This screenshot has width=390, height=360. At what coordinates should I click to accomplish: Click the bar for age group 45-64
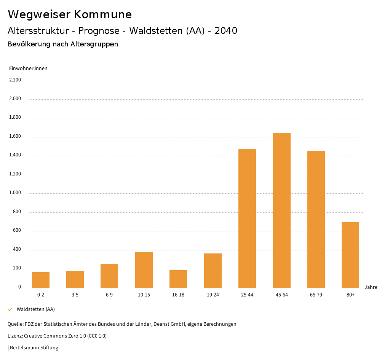click(x=281, y=210)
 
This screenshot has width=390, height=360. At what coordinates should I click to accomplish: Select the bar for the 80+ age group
click(x=350, y=255)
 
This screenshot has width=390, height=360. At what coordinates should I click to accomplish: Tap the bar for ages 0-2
click(x=41, y=280)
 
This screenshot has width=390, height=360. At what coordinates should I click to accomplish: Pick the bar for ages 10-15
click(x=144, y=270)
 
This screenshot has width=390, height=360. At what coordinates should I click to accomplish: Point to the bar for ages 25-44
click(x=247, y=218)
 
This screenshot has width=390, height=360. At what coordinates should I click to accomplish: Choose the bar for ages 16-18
click(x=178, y=279)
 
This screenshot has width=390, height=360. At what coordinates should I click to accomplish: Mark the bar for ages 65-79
click(x=316, y=219)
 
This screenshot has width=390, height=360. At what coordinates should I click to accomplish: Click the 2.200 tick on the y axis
click(x=15, y=80)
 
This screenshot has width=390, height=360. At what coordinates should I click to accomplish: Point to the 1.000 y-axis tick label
click(x=15, y=193)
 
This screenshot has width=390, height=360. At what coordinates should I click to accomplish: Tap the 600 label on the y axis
click(x=17, y=231)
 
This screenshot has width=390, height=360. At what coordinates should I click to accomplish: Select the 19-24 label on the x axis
click(x=213, y=295)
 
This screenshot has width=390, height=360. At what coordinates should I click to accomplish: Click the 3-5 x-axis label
click(x=75, y=295)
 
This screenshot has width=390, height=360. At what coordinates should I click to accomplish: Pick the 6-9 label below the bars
click(x=109, y=295)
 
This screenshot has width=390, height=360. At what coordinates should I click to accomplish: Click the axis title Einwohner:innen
click(x=28, y=68)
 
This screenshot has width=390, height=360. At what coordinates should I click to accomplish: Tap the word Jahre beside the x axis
click(x=371, y=287)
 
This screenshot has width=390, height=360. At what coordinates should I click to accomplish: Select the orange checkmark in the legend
click(x=10, y=309)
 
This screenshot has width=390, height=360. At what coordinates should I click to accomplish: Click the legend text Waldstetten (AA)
click(x=36, y=309)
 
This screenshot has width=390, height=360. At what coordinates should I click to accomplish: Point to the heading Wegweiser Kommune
click(x=70, y=14)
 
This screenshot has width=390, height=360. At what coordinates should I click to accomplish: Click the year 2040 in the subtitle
click(x=226, y=31)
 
